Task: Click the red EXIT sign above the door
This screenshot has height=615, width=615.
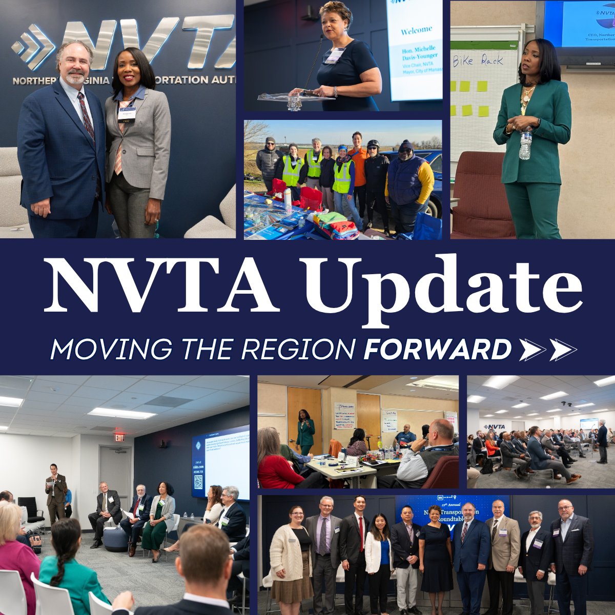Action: click(119, 438)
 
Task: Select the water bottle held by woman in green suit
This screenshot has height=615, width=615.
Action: click(525, 143)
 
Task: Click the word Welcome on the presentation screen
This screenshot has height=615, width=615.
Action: click(416, 30)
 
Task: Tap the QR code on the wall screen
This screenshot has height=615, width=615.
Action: click(198, 482)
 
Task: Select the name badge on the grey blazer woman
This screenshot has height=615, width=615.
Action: click(127, 112)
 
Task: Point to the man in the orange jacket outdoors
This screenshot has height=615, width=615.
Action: click(358, 169)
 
